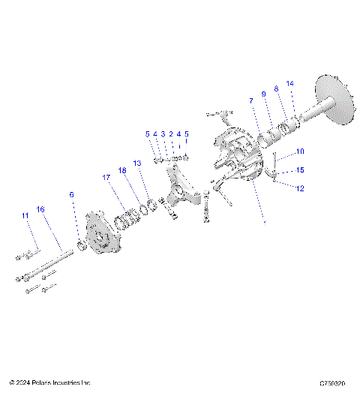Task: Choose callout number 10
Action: point(299,151)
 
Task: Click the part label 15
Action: point(299,169)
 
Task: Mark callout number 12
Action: point(299,188)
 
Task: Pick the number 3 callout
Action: point(163,134)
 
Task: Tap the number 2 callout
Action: point(171,134)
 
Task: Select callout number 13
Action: point(136,162)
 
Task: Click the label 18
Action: point(121,171)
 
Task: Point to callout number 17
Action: point(106,178)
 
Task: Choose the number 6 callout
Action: point(72,194)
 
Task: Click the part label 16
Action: point(41,209)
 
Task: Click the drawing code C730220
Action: point(331,383)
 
